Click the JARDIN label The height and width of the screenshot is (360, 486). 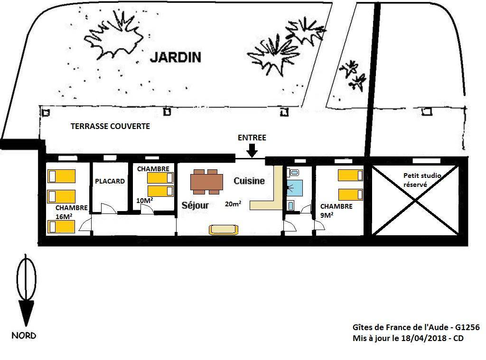click(x=176, y=57)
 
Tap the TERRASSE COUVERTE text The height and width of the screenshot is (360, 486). click(x=110, y=126)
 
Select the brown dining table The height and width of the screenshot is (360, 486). click(x=207, y=182)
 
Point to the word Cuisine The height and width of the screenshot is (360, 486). click(x=249, y=181)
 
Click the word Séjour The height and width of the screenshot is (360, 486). click(x=195, y=205)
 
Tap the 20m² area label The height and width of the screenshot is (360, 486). click(x=233, y=203)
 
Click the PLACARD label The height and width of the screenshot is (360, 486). click(x=110, y=181)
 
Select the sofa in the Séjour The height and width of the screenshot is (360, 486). click(x=224, y=230)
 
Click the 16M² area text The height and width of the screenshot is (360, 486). click(x=64, y=217)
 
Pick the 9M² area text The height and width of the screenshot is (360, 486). click(x=327, y=215)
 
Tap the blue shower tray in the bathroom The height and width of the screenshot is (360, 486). click(x=294, y=187)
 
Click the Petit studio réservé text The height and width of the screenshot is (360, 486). click(x=422, y=180)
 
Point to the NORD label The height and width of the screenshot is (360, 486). click(x=24, y=335)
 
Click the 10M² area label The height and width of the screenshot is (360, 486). click(x=144, y=201)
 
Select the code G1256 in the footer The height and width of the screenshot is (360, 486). click(x=467, y=327)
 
